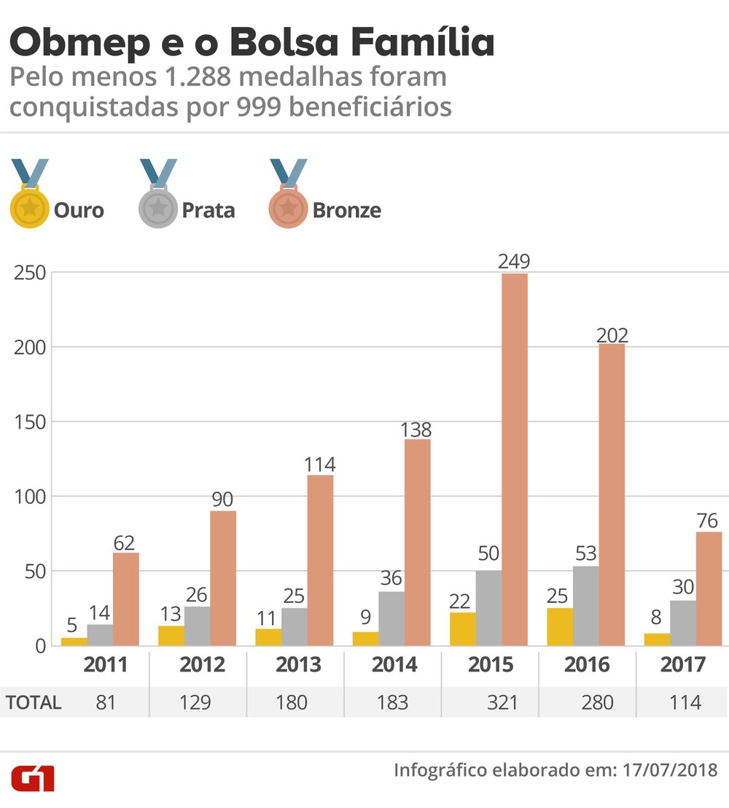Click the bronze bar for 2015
514,459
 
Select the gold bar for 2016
559,627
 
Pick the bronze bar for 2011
125,599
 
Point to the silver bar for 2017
683,623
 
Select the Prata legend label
208,211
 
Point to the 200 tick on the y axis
29,347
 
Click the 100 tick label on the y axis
29,497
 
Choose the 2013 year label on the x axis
299,665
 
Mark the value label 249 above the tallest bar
514,261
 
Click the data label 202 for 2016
611,335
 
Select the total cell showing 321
502,703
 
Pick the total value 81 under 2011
106,703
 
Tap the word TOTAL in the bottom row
34,703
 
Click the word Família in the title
424,43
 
